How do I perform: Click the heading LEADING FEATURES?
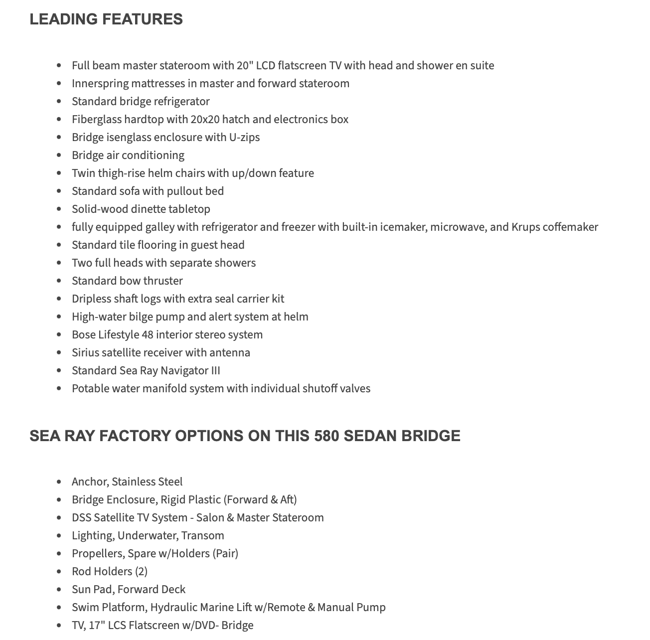[106, 19]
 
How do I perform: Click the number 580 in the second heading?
[326, 436]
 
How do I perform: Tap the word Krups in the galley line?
[525, 227]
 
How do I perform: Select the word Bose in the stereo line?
[83, 335]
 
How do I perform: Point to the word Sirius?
[85, 353]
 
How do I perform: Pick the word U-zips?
[244, 138]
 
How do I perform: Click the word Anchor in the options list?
[89, 482]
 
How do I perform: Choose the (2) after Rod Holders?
[141, 572]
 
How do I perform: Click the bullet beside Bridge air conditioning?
[59, 156]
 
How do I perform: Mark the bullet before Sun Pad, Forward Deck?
[59, 590]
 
